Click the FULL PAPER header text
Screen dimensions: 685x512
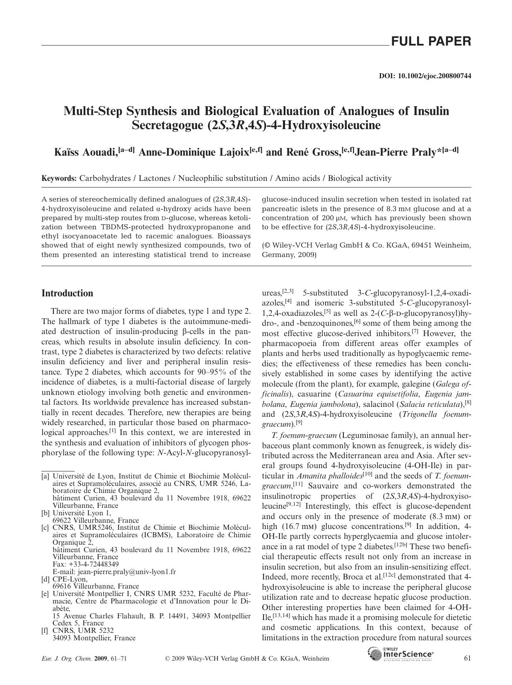431,41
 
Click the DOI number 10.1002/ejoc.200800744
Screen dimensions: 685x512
434,76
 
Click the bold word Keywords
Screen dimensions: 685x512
59,178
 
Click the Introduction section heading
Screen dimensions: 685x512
68,293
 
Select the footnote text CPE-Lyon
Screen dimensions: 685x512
70,579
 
